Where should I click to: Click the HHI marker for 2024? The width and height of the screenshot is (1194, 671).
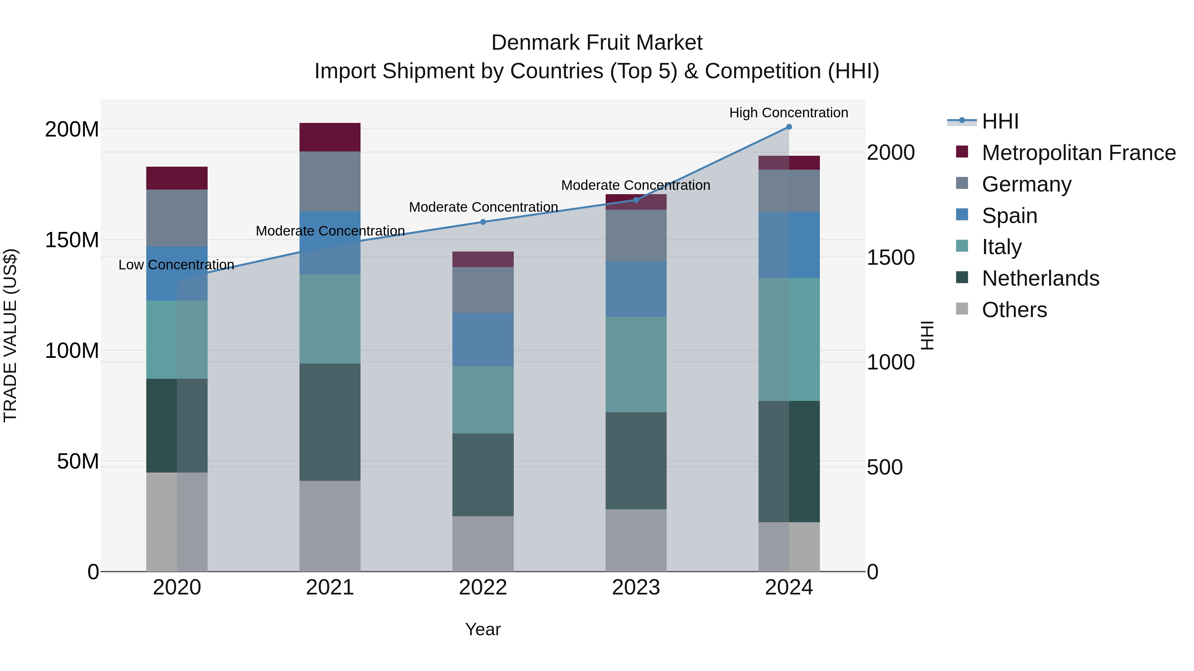(x=789, y=127)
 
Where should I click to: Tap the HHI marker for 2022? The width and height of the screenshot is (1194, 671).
(x=483, y=222)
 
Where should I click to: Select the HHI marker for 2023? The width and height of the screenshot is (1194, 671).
(x=636, y=200)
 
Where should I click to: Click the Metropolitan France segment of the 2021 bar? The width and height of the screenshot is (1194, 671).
(x=330, y=137)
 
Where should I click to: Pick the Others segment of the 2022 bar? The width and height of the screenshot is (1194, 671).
(x=483, y=544)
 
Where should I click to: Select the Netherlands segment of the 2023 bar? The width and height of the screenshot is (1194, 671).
(x=636, y=461)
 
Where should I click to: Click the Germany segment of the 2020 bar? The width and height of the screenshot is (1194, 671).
(x=176, y=218)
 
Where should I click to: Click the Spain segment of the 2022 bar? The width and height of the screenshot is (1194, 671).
(x=483, y=339)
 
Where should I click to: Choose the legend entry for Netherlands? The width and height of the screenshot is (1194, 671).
(x=1040, y=278)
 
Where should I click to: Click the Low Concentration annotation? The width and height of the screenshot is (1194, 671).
(x=176, y=265)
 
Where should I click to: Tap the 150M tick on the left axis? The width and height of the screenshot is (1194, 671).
(x=72, y=240)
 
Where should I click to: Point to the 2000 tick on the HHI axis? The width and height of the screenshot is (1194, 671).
(x=891, y=152)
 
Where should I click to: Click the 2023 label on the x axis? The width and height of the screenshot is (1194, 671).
(x=636, y=587)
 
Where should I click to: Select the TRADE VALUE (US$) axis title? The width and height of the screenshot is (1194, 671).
(x=10, y=335)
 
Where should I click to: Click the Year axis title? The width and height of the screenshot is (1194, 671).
(x=483, y=629)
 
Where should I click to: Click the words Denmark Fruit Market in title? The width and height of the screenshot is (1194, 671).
(x=597, y=43)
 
